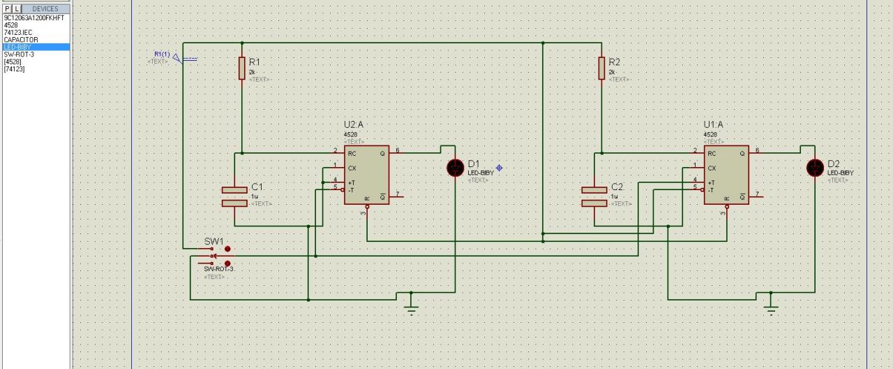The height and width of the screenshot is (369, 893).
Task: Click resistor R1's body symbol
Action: [242, 68]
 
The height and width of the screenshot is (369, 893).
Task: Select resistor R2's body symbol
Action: [601, 68]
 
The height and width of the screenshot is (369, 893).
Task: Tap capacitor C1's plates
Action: [235, 196]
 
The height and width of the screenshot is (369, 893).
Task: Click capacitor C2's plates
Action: [594, 196]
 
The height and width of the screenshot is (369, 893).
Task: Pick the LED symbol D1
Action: [455, 168]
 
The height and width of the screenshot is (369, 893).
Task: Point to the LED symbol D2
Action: [815, 168]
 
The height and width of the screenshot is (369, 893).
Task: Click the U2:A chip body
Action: [366, 175]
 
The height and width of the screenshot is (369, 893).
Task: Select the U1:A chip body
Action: [726, 175]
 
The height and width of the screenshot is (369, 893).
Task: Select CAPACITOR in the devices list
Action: [21, 40]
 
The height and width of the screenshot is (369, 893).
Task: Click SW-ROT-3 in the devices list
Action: [19, 55]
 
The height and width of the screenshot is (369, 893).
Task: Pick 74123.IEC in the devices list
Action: [18, 32]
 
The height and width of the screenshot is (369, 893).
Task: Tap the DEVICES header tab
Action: [45, 9]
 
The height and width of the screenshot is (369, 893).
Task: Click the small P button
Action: [7, 9]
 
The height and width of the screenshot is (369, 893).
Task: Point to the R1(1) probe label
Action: [162, 55]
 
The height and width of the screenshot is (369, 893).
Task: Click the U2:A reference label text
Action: [353, 125]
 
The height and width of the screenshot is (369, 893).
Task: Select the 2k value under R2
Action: [612, 72]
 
